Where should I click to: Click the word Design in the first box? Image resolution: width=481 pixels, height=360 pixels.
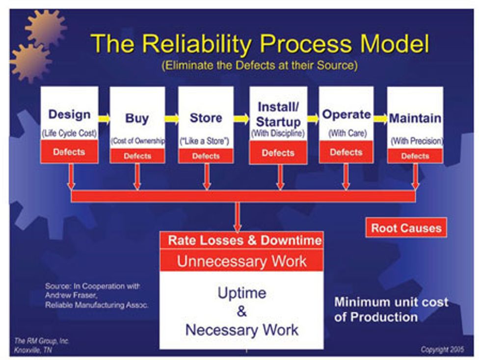[69, 114]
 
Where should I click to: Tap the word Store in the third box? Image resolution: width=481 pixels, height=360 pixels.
[206, 118]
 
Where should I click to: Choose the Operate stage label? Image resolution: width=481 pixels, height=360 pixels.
[346, 114]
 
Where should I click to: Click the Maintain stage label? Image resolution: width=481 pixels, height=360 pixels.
[415, 118]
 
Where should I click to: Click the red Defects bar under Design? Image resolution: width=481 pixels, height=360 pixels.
[69, 152]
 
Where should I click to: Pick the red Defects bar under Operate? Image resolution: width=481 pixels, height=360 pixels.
[346, 152]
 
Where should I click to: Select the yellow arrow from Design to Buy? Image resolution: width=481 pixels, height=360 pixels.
[104, 118]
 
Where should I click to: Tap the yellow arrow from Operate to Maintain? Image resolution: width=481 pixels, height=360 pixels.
[380, 118]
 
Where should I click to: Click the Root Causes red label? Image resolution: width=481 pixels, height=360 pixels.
[406, 228]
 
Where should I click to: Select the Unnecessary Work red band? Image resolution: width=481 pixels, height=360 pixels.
[242, 260]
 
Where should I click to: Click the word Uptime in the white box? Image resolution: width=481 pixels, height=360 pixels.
[242, 293]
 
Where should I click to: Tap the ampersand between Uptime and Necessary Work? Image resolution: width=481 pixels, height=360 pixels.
[242, 311]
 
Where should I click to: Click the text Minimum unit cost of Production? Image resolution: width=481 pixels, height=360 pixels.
[391, 309]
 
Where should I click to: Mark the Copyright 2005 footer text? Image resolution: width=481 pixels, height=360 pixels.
[442, 349]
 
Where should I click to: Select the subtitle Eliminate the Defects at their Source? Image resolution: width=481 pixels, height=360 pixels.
[260, 65]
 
